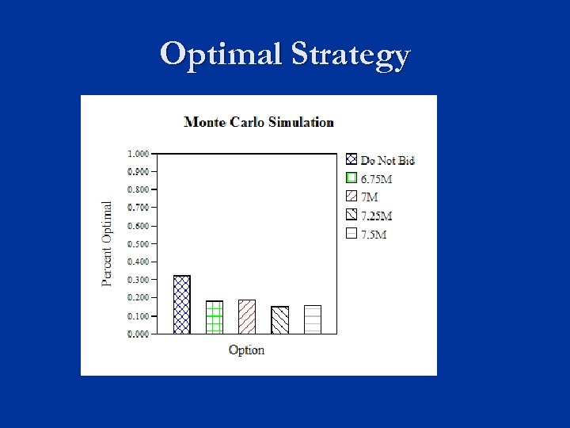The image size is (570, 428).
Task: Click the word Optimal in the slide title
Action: click(221, 55)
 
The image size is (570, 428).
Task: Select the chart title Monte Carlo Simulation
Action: click(259, 122)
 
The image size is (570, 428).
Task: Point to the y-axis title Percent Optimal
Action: click(107, 243)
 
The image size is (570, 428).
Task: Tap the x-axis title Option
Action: click(246, 350)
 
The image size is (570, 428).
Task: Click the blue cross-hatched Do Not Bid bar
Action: click(182, 304)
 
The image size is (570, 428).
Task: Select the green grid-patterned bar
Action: click(215, 317)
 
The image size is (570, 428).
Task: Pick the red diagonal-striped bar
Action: click(247, 317)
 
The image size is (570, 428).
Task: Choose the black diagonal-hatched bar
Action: click(279, 319)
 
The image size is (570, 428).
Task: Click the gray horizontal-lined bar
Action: click(312, 319)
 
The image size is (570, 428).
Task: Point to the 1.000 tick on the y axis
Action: click(138, 153)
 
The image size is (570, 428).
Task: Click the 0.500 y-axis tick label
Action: click(138, 243)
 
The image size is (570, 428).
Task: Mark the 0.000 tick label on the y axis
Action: click(138, 334)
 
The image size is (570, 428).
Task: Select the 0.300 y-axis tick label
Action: click(138, 280)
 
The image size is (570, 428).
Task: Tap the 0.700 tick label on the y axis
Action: click(138, 207)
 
